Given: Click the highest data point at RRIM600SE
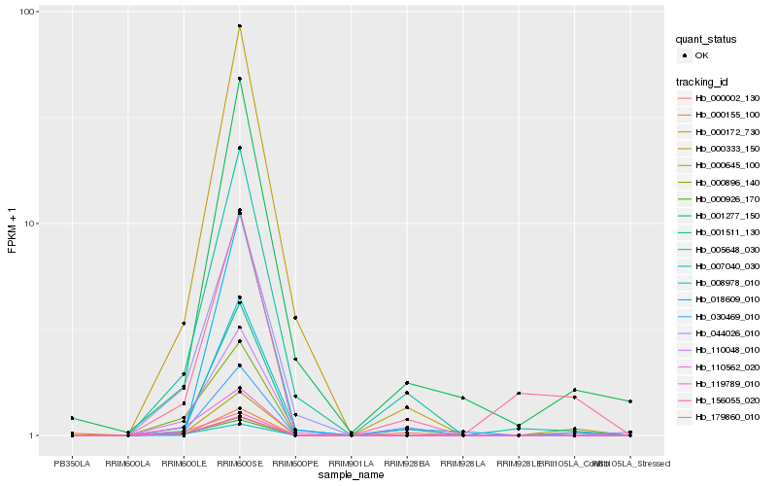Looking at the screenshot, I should pos(239,26).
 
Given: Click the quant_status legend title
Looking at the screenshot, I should pos(707,40).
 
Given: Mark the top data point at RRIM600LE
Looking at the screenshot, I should pos(184,324).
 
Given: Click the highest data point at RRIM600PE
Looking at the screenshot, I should pos(295,318).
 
